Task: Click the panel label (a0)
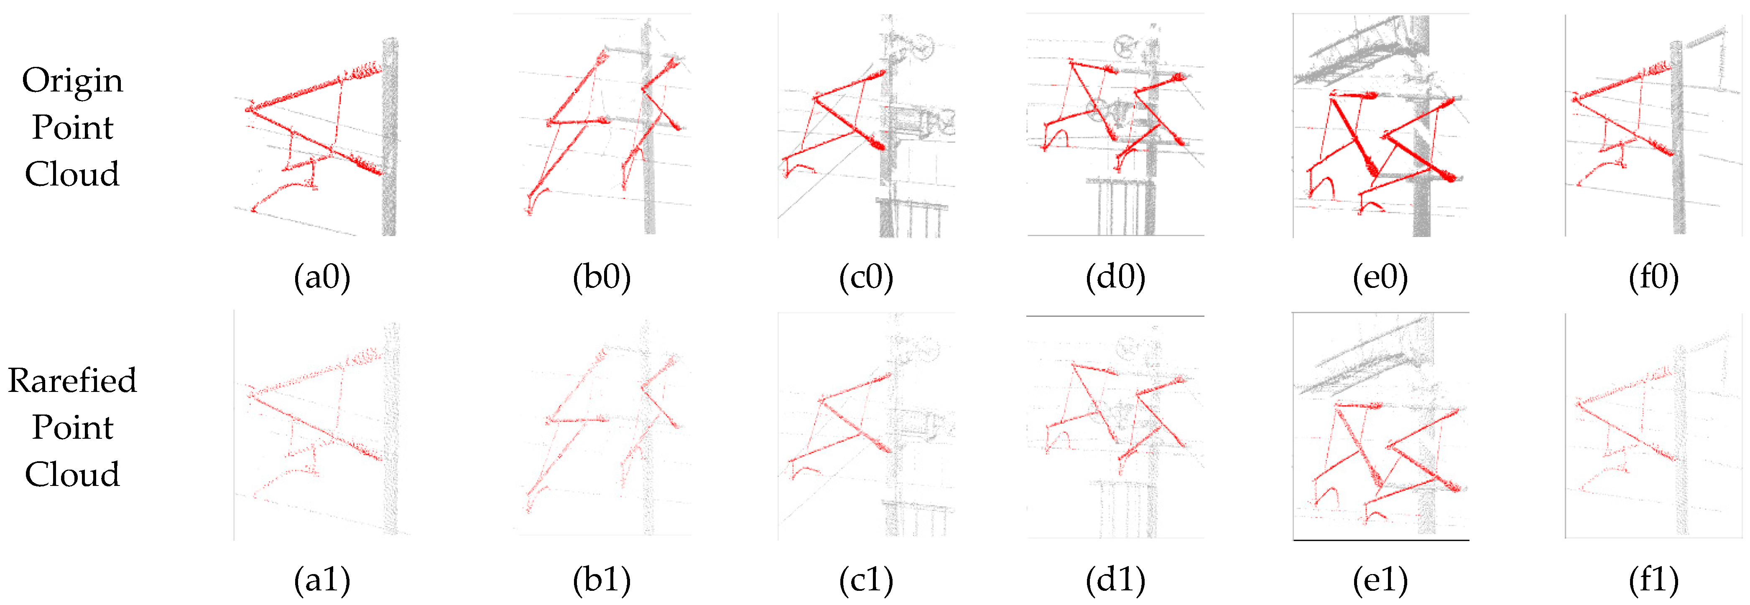point(322,278)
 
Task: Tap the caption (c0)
point(866,278)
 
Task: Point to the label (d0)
point(1115,278)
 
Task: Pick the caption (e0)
point(1380,278)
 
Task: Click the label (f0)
point(1653,278)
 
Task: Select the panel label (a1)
point(322,580)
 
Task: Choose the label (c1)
point(866,580)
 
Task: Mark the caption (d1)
point(1115,580)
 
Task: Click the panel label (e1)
point(1380,580)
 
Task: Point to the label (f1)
point(1653,580)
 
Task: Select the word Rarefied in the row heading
point(73,380)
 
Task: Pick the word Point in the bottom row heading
point(73,427)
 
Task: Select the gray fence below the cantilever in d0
point(1121,207)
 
